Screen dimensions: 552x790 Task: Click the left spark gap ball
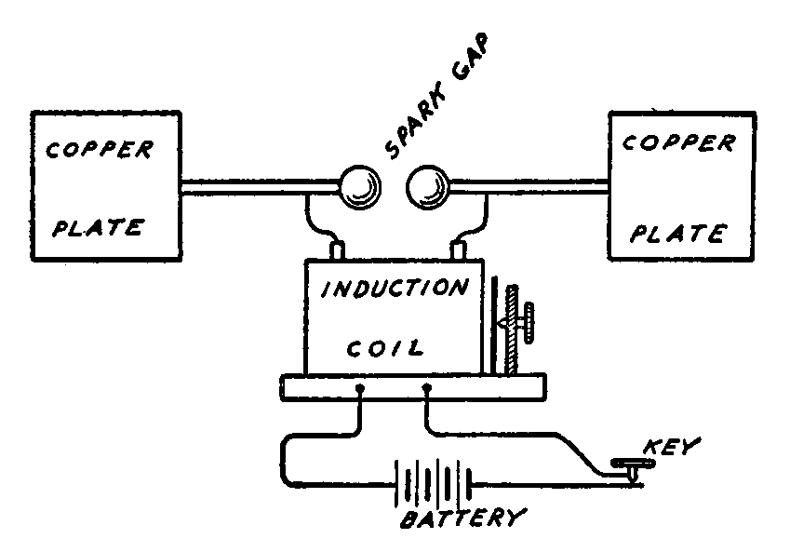click(359, 189)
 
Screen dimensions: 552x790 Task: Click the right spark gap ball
click(427, 189)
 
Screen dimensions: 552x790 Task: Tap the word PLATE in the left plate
click(96, 227)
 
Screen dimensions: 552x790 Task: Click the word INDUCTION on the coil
click(395, 288)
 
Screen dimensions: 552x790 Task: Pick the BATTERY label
click(462, 518)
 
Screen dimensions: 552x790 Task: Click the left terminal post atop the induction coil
click(337, 250)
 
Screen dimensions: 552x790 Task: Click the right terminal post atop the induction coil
click(458, 250)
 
